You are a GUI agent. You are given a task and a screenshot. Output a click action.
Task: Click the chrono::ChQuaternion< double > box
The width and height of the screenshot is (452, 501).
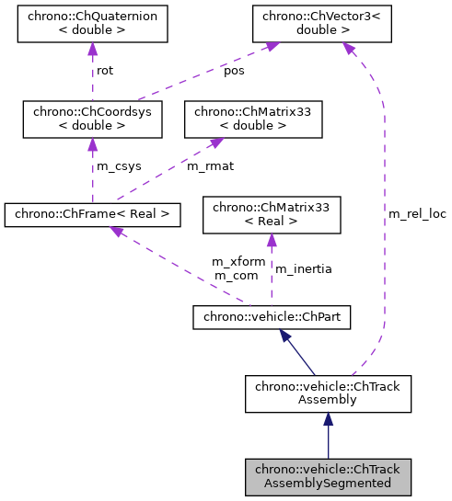point(92,24)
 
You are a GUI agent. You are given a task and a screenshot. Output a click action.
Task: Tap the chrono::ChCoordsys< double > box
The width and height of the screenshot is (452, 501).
point(92,118)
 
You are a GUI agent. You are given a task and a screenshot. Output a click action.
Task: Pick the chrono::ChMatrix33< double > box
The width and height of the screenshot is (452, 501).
point(253,118)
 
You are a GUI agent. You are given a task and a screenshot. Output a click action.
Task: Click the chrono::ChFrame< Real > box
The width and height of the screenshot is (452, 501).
point(92,215)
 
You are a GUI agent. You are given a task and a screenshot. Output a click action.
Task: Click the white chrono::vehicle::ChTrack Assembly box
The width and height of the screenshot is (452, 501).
point(328,393)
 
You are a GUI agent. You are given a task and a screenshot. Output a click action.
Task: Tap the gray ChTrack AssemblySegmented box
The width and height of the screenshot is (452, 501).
point(328,475)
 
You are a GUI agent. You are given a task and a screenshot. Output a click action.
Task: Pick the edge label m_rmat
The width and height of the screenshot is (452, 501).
point(207,166)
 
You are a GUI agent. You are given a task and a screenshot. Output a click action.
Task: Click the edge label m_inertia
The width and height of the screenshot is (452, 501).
point(304,268)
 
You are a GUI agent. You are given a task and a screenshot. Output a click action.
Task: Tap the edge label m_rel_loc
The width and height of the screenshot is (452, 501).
point(417,214)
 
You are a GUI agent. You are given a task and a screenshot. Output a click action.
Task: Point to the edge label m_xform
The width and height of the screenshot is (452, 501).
point(238,261)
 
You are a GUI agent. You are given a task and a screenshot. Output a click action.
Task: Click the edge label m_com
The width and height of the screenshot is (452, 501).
point(235,275)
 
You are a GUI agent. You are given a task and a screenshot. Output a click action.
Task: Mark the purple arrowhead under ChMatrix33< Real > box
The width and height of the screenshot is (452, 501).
point(271,240)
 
